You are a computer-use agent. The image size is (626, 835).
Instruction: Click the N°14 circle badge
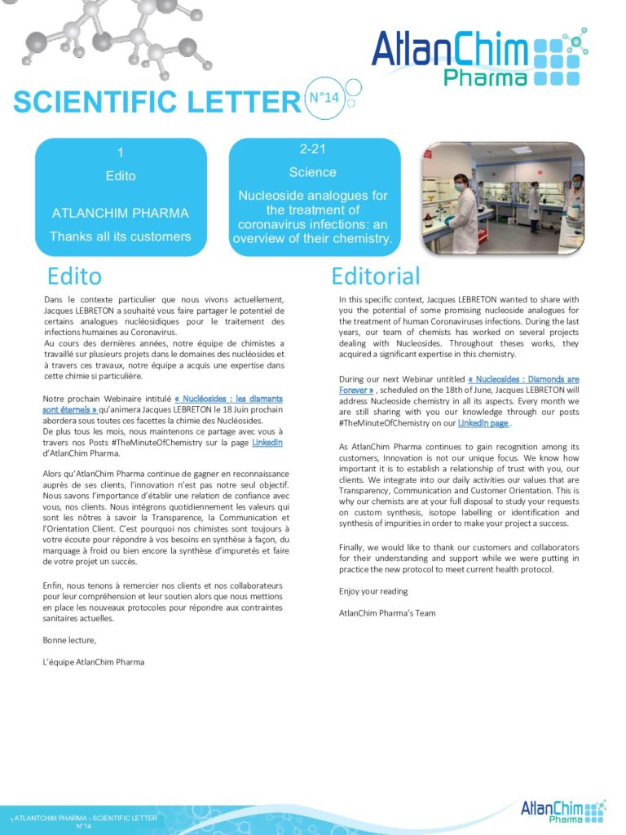tap(324, 97)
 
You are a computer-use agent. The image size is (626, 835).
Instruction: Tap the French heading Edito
tap(74, 276)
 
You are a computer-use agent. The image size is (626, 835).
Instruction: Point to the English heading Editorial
tap(375, 276)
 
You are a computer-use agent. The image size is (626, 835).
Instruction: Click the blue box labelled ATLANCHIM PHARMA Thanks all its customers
tap(120, 197)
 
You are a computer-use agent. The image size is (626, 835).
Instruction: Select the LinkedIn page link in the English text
tap(483, 424)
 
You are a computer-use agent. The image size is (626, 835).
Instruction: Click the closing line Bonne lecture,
tap(69, 639)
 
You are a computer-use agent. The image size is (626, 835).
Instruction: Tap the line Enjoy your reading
tap(373, 590)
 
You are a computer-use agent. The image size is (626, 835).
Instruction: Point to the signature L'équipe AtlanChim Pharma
tap(94, 661)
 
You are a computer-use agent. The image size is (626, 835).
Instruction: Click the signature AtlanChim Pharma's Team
tap(387, 612)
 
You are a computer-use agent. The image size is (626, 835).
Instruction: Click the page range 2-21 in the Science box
tap(313, 149)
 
